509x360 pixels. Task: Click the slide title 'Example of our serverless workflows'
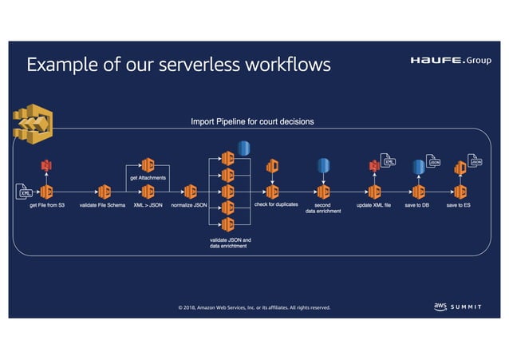pos(178,65)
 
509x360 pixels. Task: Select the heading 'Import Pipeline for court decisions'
pos(252,121)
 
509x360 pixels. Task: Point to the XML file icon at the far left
pos(24,192)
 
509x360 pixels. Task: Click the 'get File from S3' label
pos(46,206)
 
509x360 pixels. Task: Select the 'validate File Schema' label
pos(102,206)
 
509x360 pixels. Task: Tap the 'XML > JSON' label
pos(148,206)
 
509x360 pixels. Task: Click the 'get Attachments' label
pos(148,178)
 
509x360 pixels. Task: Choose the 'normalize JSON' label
pos(189,206)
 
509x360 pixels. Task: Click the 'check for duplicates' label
pos(275,205)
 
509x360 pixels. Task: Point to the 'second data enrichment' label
pos(323,208)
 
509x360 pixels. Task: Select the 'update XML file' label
pos(373,206)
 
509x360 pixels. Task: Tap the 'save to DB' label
pos(417,206)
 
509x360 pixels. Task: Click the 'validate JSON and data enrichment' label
pos(230,243)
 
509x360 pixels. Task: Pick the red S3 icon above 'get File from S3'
pos(46,166)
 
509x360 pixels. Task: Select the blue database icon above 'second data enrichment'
pos(323,165)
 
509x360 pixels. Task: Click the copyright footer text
pos(254,307)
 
